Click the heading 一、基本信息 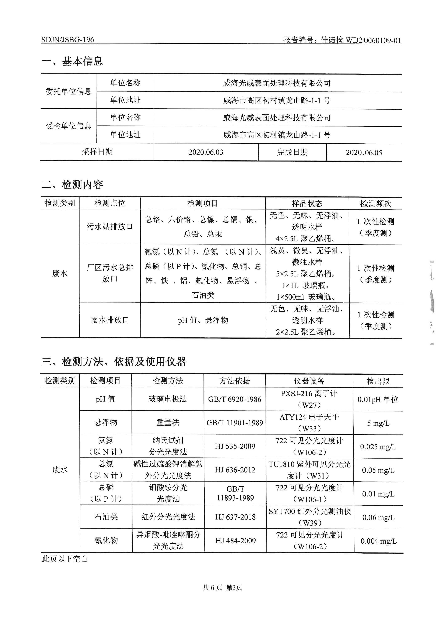point(72,61)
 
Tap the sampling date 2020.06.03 point(206,152)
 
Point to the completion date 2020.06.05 point(364,152)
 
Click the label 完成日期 point(292,152)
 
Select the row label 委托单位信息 point(69,91)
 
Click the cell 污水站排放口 point(110,227)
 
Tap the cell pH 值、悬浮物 point(203,320)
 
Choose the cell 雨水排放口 point(110,320)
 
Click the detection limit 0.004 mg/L point(379,541)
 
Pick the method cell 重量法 point(168,423)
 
